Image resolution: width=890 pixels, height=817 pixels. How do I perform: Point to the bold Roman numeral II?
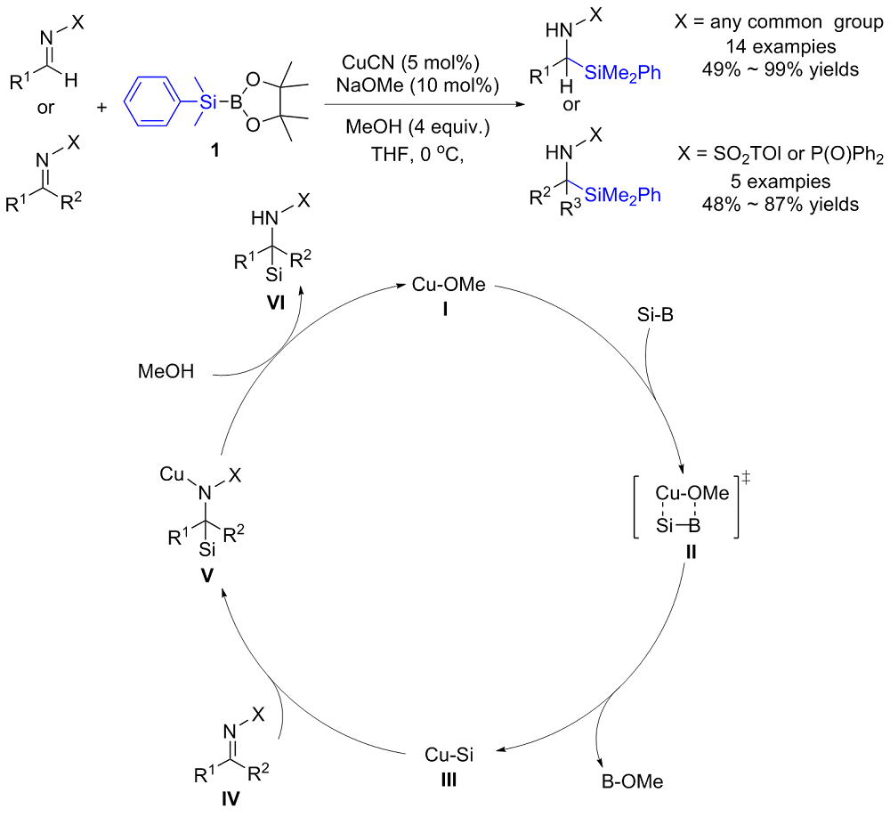pyautogui.click(x=691, y=552)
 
